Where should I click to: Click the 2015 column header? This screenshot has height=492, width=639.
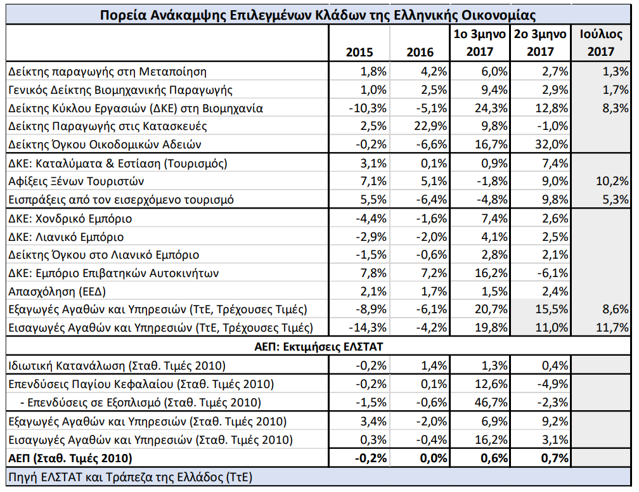pyautogui.click(x=359, y=52)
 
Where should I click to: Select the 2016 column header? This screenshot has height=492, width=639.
pyautogui.click(x=420, y=52)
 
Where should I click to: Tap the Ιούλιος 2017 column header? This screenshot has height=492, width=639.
pyautogui.click(x=601, y=43)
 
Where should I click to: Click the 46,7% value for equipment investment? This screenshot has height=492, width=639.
pyautogui.click(x=491, y=403)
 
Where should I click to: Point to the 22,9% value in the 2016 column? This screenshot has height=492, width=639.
pyautogui.click(x=430, y=126)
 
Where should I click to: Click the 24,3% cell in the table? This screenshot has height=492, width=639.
pyautogui.click(x=491, y=108)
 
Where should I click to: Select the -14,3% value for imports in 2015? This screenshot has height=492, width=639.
pyautogui.click(x=367, y=328)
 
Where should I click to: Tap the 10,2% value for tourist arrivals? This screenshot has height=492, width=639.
pyautogui.click(x=612, y=181)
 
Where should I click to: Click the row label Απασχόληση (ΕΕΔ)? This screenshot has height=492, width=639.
pyautogui.click(x=57, y=292)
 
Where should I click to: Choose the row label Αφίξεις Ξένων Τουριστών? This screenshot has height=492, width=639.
pyautogui.click(x=76, y=181)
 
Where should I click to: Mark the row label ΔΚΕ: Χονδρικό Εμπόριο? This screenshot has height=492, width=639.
pyautogui.click(x=70, y=219)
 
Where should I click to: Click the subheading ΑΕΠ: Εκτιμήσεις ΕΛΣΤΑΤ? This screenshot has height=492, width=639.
pyautogui.click(x=319, y=346)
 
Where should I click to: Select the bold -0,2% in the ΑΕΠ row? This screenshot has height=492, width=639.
pyautogui.click(x=370, y=458)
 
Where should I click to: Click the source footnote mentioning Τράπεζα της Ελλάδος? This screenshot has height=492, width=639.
pyautogui.click(x=131, y=477)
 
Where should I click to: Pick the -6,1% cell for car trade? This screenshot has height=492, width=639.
pyautogui.click(x=552, y=273)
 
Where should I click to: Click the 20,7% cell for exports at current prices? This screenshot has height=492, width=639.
pyautogui.click(x=491, y=309)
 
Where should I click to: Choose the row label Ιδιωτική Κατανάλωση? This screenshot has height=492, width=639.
pyautogui.click(x=67, y=365)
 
